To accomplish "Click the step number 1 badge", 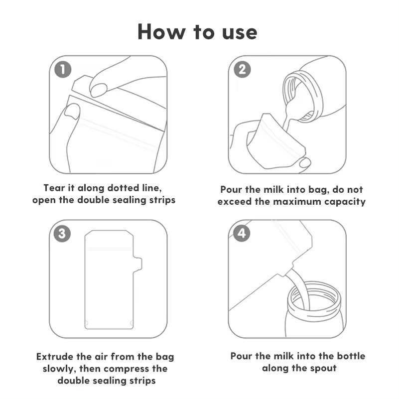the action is [x=63, y=70].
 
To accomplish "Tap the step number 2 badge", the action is [x=242, y=69].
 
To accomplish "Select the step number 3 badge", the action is [x=62, y=234].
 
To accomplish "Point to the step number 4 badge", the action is [x=242, y=233].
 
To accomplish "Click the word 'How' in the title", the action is [x=161, y=32].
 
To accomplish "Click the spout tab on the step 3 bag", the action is [x=137, y=264].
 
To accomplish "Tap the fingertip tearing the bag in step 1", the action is [x=98, y=90].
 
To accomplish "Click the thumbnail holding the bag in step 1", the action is [x=72, y=111].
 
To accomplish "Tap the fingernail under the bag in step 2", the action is [x=305, y=162].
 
